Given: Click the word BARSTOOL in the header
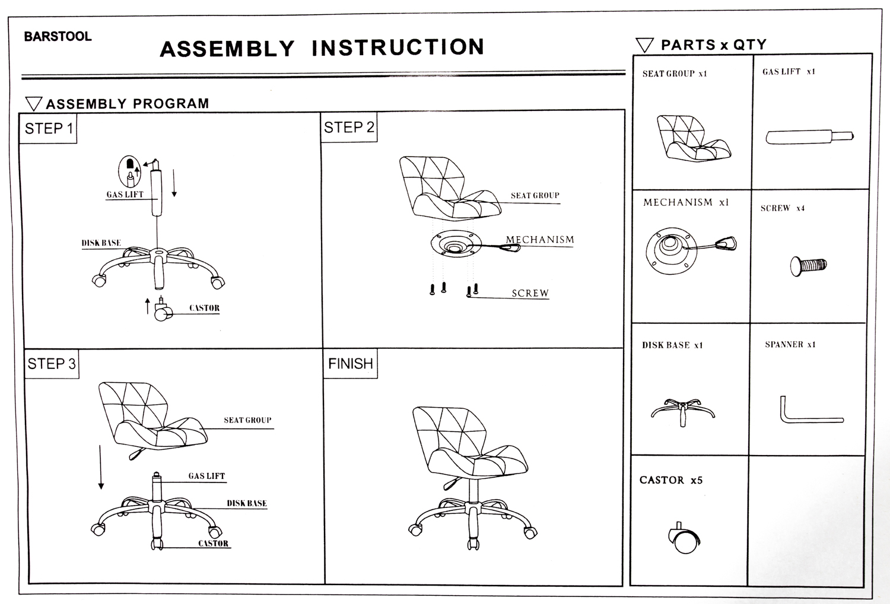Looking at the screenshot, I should [x=58, y=36].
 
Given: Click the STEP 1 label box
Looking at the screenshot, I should [x=49, y=129].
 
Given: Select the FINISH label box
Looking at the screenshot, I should [x=351, y=364].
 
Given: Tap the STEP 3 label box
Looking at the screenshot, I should [x=52, y=364].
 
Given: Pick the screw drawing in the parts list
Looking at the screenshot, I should [x=808, y=265].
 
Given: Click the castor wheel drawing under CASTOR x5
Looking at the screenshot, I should [x=685, y=539].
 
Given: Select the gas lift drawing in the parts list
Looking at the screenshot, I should [x=809, y=137].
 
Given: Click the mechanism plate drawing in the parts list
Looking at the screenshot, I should [x=670, y=250].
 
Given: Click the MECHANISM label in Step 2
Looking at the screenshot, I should [x=540, y=240].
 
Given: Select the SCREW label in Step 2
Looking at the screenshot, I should [x=530, y=293].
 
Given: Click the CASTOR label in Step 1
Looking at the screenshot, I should [x=204, y=308].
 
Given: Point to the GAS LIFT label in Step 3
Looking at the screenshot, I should [x=206, y=476].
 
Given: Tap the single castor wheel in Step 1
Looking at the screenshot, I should [x=162, y=311].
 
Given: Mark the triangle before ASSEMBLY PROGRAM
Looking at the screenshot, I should [x=34, y=104].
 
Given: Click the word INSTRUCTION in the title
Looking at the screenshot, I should [x=398, y=47].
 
